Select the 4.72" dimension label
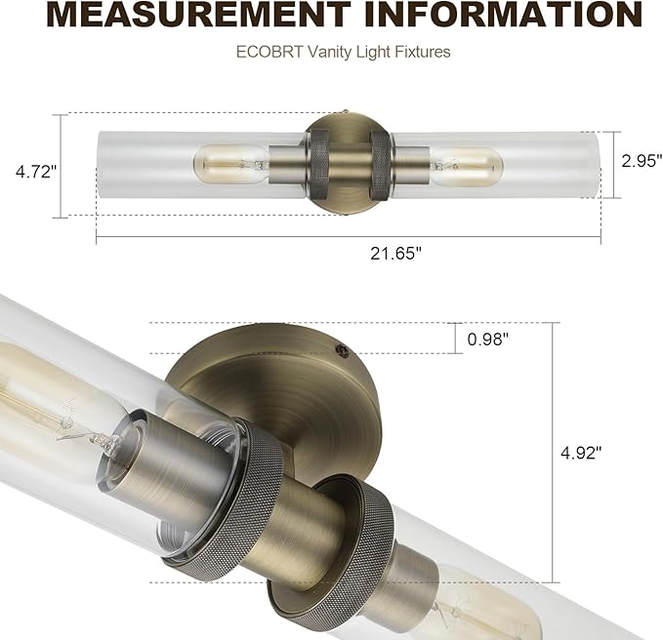[x=36, y=172]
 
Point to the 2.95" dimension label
[x=642, y=161]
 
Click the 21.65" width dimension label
[x=395, y=254]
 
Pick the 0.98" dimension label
[x=488, y=340]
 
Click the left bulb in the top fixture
[x=229, y=163]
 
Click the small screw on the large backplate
[x=339, y=347]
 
